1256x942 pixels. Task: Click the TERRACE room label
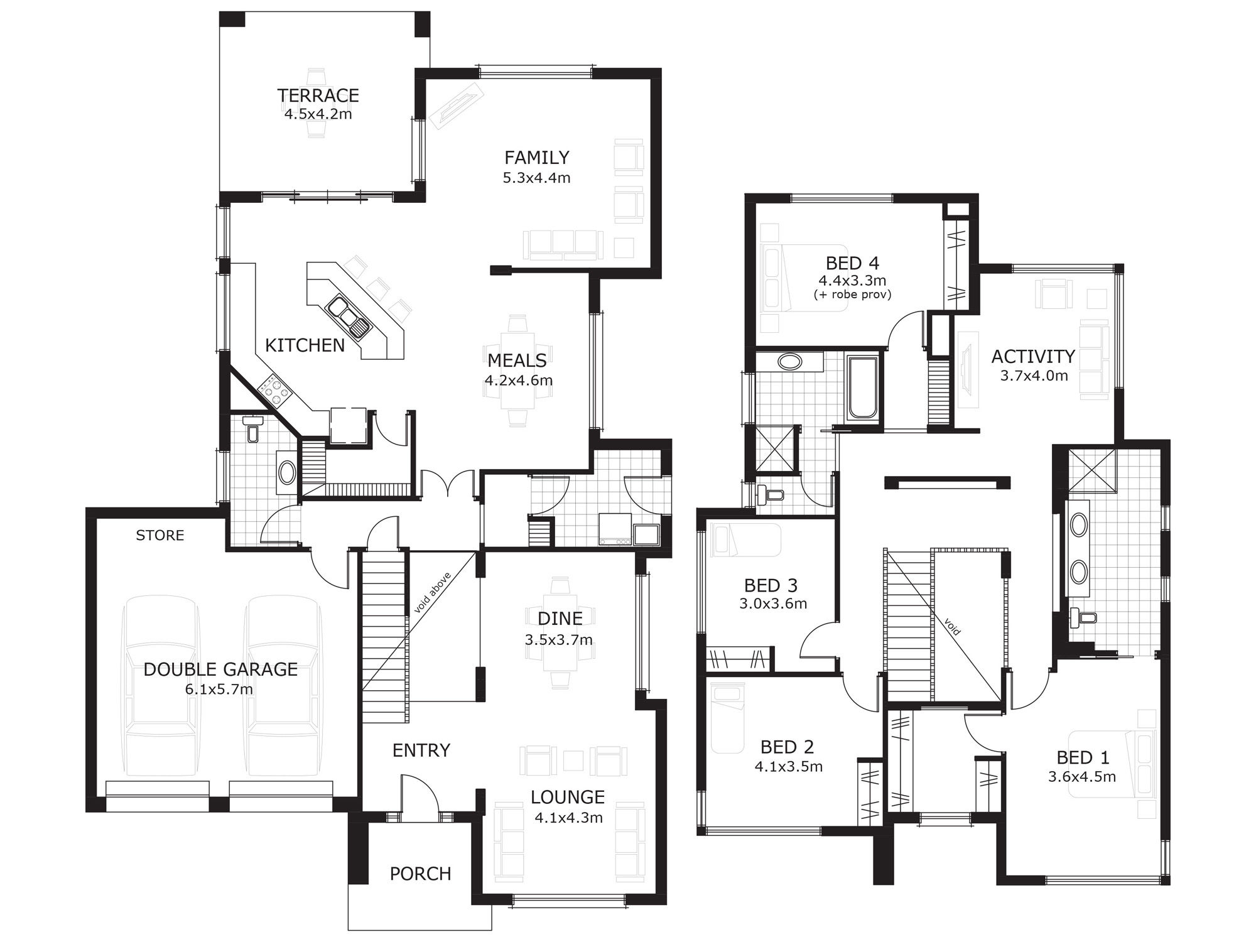[x=318, y=95]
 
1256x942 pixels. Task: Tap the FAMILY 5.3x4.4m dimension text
[x=536, y=178]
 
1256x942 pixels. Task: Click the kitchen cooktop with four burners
[x=275, y=389]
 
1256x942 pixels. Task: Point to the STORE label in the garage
[x=160, y=536]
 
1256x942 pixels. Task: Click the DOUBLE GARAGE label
[x=220, y=669]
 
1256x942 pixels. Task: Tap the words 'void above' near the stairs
[x=433, y=593]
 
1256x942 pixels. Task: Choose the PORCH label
[x=420, y=874]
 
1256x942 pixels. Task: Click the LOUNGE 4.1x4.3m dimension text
[x=568, y=818]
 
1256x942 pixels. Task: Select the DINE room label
[x=560, y=619]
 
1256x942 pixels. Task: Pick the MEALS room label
[x=517, y=360]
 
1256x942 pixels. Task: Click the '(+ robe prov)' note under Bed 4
[x=852, y=295]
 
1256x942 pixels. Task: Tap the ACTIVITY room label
[x=1033, y=357]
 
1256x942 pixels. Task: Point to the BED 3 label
[x=771, y=586]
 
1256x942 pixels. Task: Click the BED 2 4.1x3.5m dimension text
[x=789, y=767]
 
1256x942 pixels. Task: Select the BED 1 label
[x=1083, y=758]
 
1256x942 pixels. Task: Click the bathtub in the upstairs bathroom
[x=862, y=387]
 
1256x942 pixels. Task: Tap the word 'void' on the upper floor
[x=952, y=627]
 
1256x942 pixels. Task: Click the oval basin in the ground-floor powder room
[x=287, y=473]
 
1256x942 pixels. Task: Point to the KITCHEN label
[x=305, y=345]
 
